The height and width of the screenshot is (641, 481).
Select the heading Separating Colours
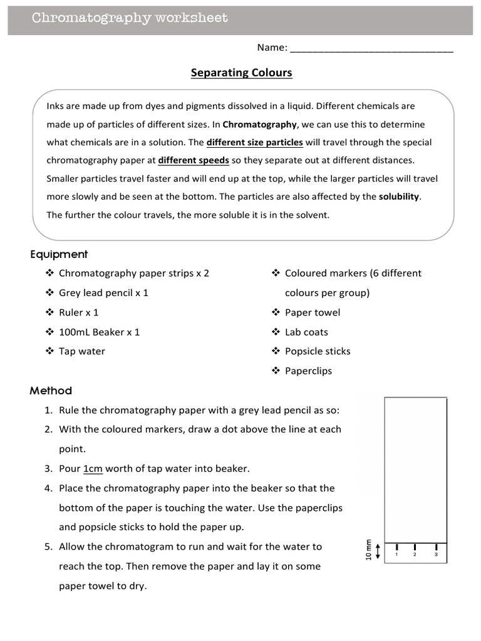coord(241,73)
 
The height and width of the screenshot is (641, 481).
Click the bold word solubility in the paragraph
coord(399,197)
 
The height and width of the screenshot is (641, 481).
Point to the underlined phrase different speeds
coord(194,160)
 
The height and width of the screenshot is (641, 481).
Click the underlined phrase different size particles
coord(254,142)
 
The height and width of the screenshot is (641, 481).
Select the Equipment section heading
coord(59,254)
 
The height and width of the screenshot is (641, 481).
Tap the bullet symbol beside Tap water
coord(49,351)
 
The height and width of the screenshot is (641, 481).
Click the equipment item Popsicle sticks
coord(318,351)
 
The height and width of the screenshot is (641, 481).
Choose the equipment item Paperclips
coord(308,371)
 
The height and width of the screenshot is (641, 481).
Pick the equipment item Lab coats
coord(306,332)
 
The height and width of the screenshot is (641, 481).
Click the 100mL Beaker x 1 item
coord(99,332)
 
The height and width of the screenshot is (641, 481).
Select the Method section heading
coord(51,391)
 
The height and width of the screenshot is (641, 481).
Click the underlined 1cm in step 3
coord(93,468)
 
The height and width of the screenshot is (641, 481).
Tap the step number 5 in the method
coord(48,546)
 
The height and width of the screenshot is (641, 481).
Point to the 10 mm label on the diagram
coord(368,550)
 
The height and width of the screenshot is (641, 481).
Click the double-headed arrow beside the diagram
coord(377,550)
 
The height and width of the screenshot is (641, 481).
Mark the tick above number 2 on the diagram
coord(415,546)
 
